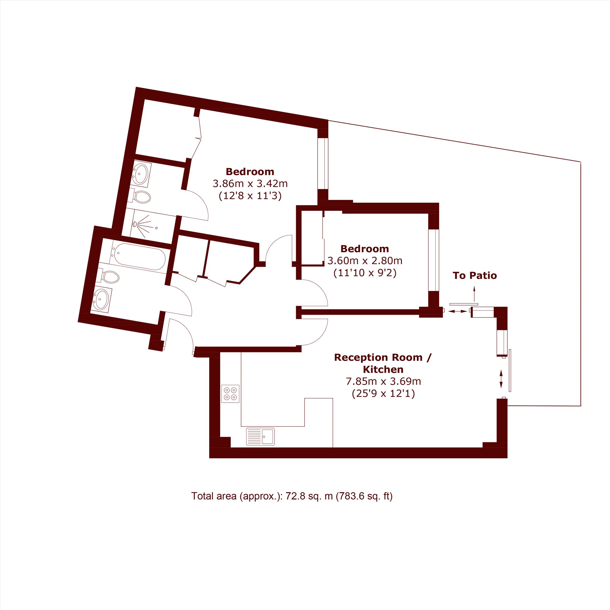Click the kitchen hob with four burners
[x=230, y=394]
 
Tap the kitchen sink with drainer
[x=260, y=437]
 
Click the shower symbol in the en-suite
[x=145, y=226]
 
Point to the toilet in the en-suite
[x=140, y=196]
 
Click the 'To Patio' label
[x=475, y=276]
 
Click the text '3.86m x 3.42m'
[x=250, y=183]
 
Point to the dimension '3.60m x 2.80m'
[x=365, y=261]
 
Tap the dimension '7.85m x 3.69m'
[x=383, y=382]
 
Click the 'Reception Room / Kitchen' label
[x=383, y=363]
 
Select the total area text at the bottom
[x=292, y=496]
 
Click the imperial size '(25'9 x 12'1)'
[x=383, y=394]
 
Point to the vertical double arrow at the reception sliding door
[x=501, y=379]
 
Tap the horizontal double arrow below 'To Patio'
[x=458, y=311]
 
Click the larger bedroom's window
[x=323, y=163]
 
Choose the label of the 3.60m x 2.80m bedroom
[x=365, y=249]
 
